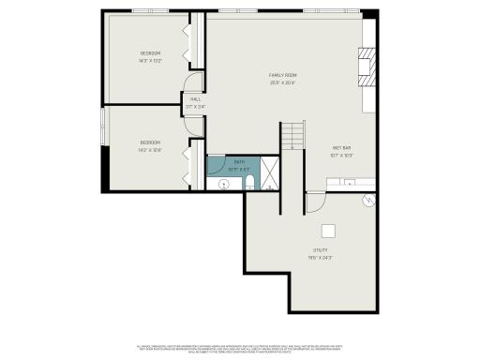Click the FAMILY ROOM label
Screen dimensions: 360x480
point(283,76)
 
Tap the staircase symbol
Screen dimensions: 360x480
point(294,137)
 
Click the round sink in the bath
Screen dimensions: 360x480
point(224,185)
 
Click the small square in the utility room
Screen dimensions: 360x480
point(328,232)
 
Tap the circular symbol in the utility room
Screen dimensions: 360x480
point(368,201)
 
